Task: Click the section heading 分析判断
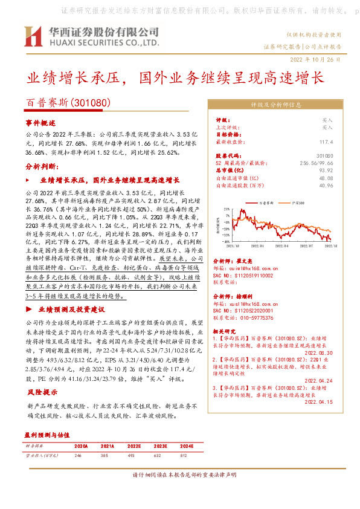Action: (x=37, y=166)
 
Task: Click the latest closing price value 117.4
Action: (x=326, y=141)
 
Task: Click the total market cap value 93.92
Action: (x=326, y=171)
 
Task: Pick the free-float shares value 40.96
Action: (x=326, y=186)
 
